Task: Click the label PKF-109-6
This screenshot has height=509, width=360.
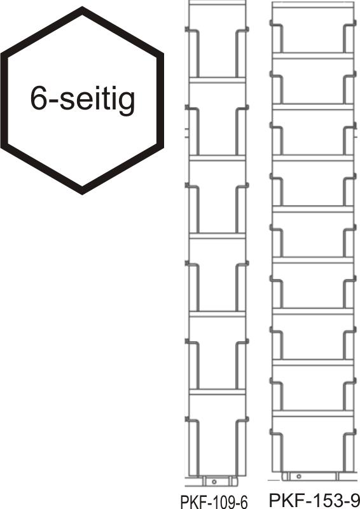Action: pos(214,502)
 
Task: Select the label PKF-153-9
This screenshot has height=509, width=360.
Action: pos(314,500)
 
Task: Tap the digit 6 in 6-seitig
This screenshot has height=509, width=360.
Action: pos(39,97)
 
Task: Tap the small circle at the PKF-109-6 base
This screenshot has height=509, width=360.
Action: pos(214,482)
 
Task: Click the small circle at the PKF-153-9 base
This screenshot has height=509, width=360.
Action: pos(299,476)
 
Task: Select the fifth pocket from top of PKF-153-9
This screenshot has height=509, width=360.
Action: pos(313,234)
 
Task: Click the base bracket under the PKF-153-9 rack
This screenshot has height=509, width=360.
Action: pos(310,476)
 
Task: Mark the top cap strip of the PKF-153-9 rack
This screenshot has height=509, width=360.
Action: pos(313,4)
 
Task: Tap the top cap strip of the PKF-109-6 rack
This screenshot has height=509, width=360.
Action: pos(217,3)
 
